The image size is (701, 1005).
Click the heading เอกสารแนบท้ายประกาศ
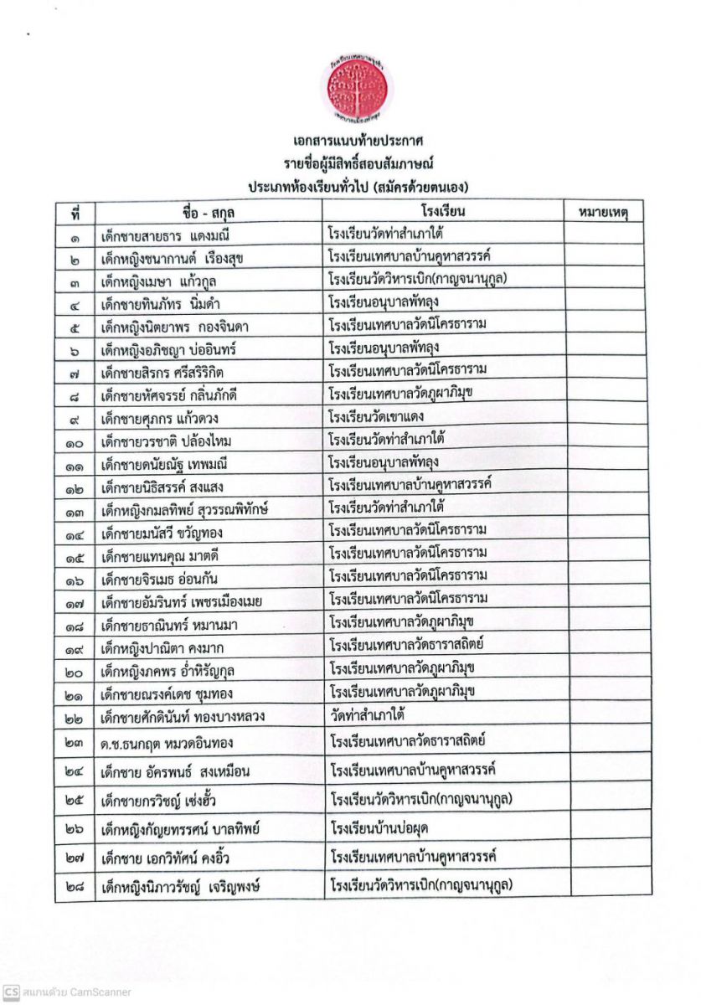[x=350, y=140]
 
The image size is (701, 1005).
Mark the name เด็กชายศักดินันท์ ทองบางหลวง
[x=182, y=717]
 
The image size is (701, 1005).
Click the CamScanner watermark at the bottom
[x=67, y=992]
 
